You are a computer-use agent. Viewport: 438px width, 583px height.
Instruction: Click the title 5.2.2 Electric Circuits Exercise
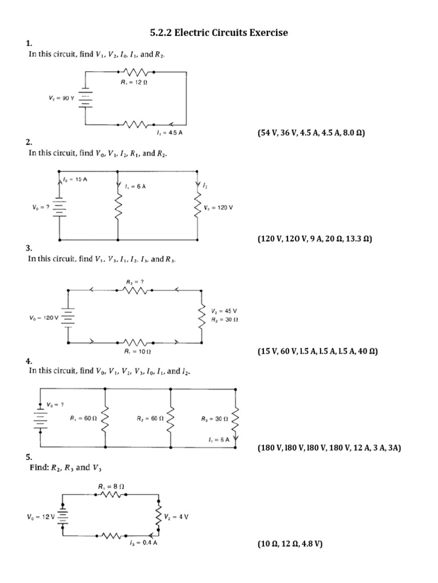pos(219,33)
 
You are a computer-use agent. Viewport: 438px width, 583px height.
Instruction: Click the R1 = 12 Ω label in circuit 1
pos(134,82)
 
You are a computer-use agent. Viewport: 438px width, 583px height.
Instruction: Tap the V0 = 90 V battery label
pos(62,98)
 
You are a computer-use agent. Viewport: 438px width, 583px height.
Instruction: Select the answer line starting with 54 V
pos(311,133)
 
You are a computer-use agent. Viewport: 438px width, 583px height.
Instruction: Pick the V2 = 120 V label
pos(218,208)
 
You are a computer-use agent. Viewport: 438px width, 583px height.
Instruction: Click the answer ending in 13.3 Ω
pos(314,240)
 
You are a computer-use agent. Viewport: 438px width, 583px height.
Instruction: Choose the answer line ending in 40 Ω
pos(317,351)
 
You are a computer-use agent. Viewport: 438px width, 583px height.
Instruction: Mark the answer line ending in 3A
pos(329,448)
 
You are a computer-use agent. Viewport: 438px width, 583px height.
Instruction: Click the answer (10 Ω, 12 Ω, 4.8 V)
pos(290,544)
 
